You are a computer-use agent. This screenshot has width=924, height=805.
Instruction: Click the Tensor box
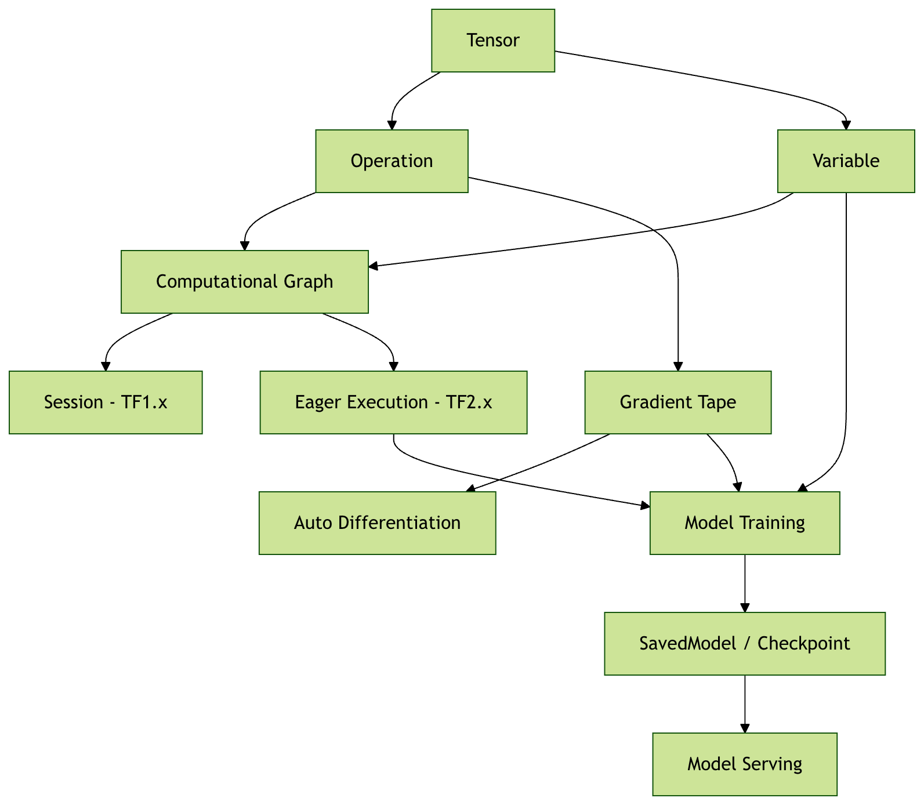493,41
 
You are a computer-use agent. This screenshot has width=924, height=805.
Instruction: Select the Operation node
392,161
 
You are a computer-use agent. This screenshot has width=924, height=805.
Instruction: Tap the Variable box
846,161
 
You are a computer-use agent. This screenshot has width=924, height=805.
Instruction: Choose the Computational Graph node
244,282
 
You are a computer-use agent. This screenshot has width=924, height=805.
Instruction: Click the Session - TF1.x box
106,402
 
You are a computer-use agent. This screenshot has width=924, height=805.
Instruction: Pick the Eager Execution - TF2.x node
393,402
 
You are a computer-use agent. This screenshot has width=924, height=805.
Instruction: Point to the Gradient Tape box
677,402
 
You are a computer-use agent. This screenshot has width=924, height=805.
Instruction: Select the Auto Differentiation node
377,523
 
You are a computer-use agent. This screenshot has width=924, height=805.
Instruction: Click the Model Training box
745,523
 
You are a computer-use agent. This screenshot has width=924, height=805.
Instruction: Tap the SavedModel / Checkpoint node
745,644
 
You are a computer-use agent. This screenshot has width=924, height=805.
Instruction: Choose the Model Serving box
745,764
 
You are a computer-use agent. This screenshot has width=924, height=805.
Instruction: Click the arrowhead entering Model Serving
745,728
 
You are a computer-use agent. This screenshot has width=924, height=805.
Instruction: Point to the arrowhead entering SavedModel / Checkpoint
745,608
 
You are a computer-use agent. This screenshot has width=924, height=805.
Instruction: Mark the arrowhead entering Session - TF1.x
106,367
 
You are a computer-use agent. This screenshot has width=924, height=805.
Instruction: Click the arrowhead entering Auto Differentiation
471,489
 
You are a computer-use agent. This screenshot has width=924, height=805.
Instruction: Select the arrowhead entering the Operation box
392,125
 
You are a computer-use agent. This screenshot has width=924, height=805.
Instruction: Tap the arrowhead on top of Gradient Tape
677,367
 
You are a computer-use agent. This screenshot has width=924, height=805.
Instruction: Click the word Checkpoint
803,644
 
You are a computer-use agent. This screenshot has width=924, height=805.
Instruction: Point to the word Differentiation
399,523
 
